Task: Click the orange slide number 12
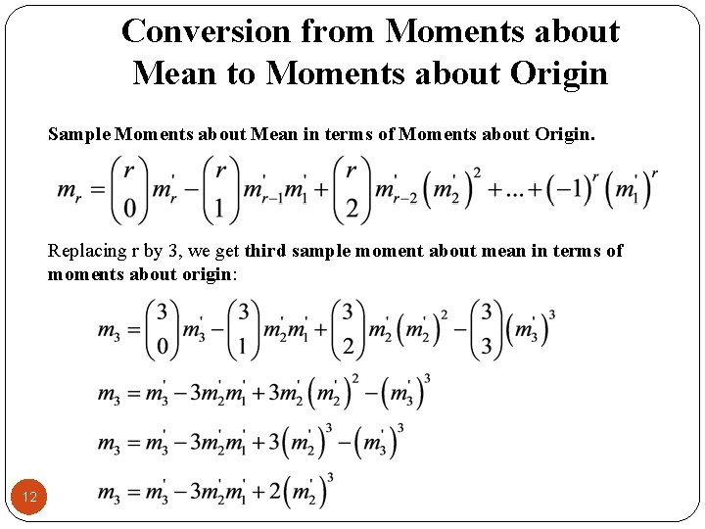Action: click(30, 498)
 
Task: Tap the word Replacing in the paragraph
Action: click(86, 251)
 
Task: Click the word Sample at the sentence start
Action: click(78, 133)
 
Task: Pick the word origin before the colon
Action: click(205, 273)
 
